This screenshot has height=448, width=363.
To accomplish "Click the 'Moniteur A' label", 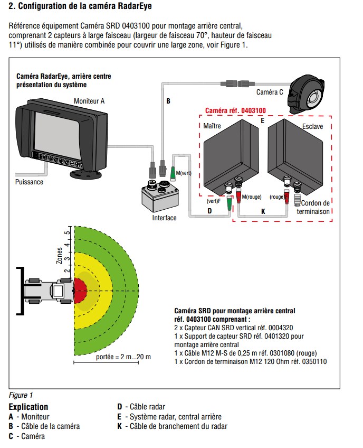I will click(89, 100).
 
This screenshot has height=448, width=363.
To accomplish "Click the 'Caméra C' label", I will click(270, 92).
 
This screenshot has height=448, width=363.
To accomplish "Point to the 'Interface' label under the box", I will click(164, 218).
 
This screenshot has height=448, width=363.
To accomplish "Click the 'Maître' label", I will click(212, 126).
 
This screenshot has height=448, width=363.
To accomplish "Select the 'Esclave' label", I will click(313, 127).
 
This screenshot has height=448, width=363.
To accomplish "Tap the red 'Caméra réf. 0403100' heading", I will click(235, 111).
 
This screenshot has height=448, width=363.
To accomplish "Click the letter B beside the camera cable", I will click(168, 100).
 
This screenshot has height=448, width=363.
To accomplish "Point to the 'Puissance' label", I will click(29, 182).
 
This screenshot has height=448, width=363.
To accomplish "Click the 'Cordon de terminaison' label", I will click(316, 207).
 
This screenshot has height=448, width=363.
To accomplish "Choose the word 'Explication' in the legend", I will click(28, 407).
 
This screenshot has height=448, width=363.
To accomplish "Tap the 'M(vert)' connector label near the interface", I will click(184, 173).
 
